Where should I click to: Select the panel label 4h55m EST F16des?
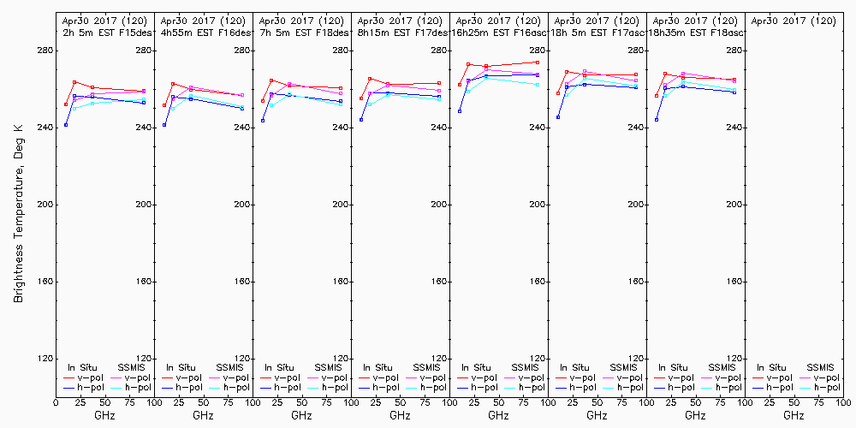205,33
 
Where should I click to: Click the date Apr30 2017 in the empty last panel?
782,20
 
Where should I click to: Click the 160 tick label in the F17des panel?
438,282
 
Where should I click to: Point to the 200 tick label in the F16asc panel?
537,205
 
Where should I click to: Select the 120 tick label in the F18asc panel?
734,359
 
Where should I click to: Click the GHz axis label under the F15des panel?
104,415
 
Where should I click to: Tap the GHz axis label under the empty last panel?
794,415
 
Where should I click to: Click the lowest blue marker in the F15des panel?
66,125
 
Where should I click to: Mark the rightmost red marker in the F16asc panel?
537,62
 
